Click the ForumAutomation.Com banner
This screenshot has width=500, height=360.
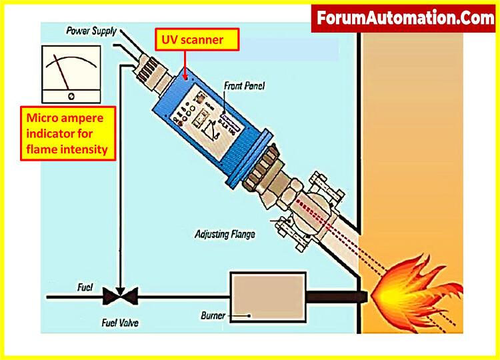(405, 17)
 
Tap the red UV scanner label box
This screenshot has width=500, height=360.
(198, 41)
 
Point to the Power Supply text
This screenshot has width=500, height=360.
(91, 30)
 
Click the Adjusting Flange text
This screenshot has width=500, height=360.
(225, 234)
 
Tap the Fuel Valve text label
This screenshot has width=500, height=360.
(125, 323)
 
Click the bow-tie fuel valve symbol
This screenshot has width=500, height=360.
(119, 293)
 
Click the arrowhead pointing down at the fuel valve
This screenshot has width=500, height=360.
(119, 282)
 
